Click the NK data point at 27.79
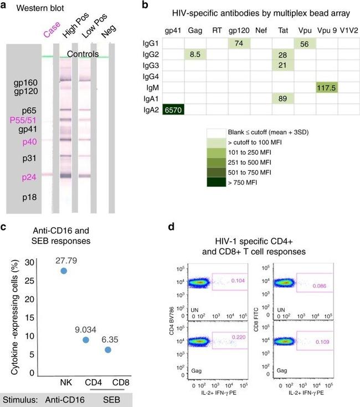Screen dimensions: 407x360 [x=64, y=271]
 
